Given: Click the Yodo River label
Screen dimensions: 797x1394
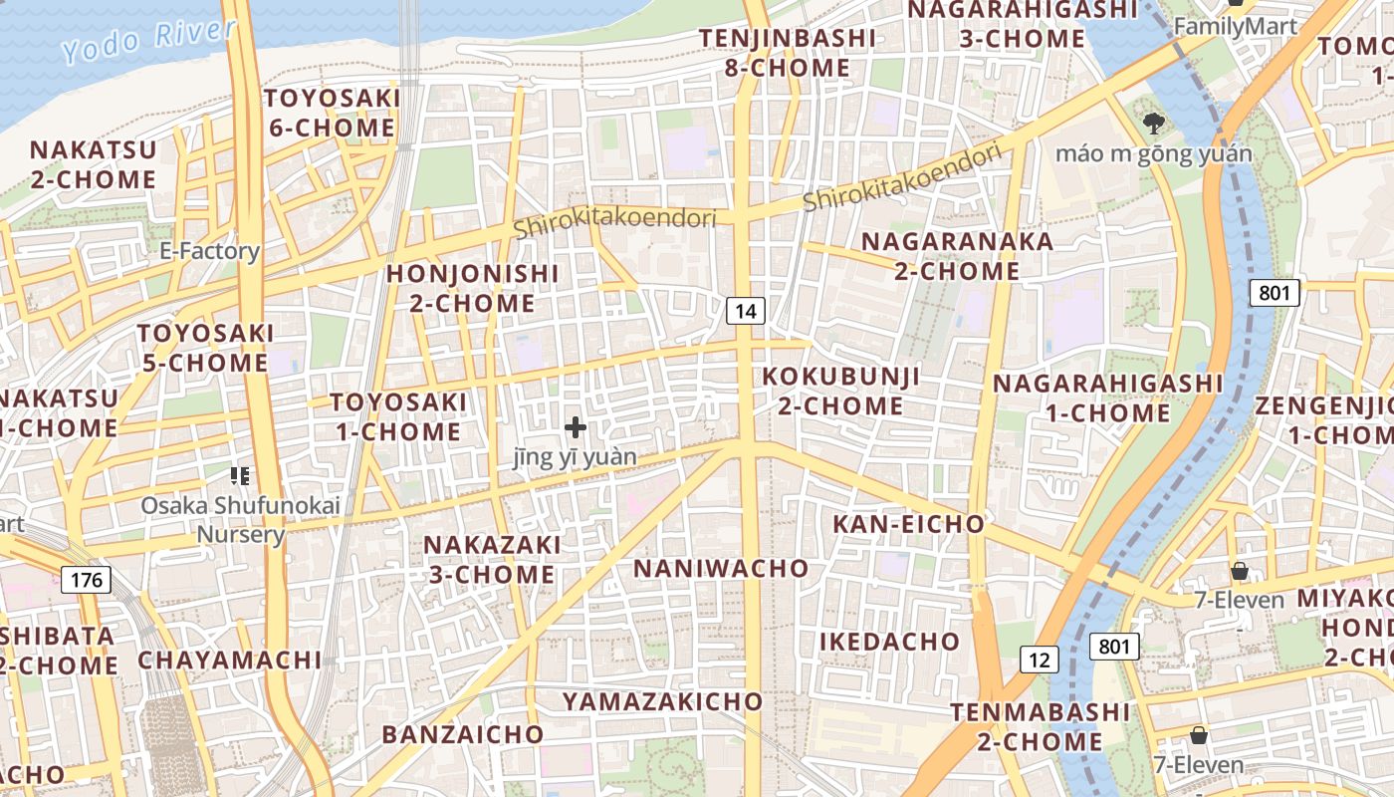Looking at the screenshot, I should pos(148,41).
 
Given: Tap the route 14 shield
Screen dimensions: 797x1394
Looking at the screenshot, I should pos(746,311).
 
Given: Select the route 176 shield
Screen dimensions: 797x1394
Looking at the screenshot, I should pos(86,580).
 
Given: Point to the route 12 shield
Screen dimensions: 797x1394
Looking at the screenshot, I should pos(1039,659).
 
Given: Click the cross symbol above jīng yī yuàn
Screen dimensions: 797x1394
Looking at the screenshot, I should pos(576,427).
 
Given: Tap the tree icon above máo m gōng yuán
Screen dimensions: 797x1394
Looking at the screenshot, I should pos(1154,124).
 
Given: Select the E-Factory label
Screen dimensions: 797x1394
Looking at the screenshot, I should pos(209,251).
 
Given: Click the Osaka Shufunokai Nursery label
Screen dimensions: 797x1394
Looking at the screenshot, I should pos(240,519).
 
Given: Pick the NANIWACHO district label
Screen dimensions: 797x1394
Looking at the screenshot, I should pos(722,568).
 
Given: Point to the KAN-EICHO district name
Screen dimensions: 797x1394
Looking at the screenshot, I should pos(908,524).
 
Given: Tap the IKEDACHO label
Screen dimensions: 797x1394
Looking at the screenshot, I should pos(889,642).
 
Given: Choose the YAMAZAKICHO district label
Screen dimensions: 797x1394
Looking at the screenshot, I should pos(662,701).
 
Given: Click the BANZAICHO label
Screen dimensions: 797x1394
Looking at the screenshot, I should pos(463,735).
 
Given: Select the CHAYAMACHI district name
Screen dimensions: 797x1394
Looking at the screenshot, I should pos(230,660).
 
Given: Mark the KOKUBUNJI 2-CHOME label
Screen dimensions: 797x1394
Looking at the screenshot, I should pos(841,392).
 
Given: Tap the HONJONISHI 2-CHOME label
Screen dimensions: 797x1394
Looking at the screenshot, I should pos(473,288).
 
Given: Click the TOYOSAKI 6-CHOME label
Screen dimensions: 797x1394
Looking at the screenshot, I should pos(332,114).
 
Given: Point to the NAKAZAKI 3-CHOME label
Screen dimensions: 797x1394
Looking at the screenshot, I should pos(492,559).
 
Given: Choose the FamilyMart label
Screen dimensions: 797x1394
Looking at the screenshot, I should pos(1235,27).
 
